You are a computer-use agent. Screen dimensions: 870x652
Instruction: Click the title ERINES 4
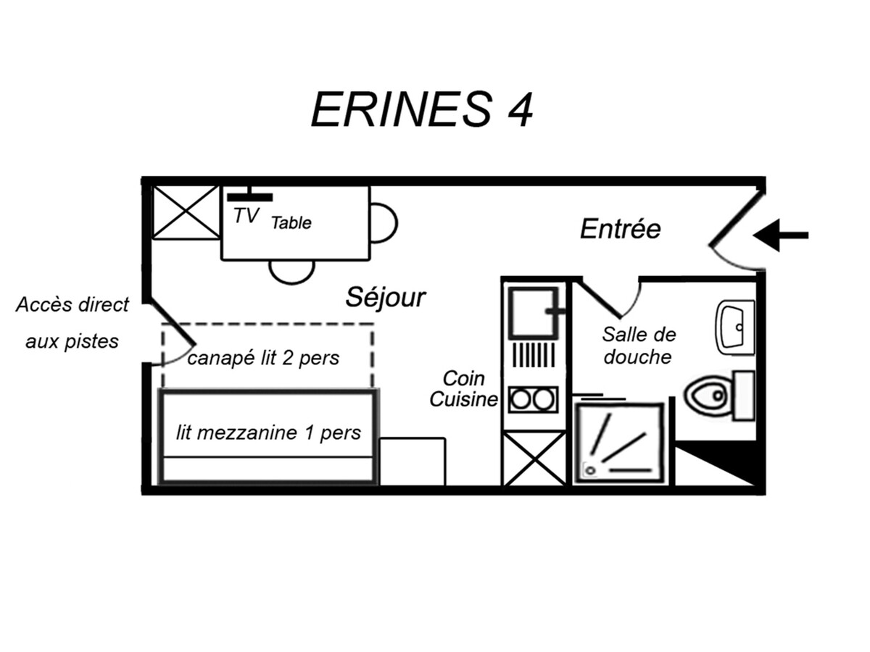point(422,109)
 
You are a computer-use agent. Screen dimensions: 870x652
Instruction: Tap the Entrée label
point(621,229)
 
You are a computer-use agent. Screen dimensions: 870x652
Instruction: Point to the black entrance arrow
point(780,235)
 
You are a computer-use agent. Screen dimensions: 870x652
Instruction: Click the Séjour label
point(386,297)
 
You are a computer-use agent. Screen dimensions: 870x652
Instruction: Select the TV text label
point(246,216)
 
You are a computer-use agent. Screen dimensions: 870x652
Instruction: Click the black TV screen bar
point(249,197)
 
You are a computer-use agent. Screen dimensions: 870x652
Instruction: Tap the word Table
point(291,223)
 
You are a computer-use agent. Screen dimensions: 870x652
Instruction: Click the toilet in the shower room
point(719,395)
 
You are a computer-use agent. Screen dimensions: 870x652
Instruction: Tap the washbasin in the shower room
point(734,327)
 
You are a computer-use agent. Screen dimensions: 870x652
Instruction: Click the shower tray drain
point(591,471)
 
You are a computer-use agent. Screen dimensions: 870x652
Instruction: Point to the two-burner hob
point(533,400)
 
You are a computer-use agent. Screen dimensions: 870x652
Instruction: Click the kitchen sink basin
point(534,313)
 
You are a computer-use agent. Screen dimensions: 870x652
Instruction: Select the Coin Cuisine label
point(464,389)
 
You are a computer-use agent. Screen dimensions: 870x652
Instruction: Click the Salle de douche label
point(639,346)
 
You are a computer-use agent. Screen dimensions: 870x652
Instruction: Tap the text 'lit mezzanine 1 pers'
point(268,432)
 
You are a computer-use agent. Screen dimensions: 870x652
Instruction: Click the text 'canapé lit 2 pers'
point(263,359)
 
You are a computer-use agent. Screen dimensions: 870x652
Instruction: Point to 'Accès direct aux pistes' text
point(72,322)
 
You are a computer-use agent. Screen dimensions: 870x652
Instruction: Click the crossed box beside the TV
point(186,212)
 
